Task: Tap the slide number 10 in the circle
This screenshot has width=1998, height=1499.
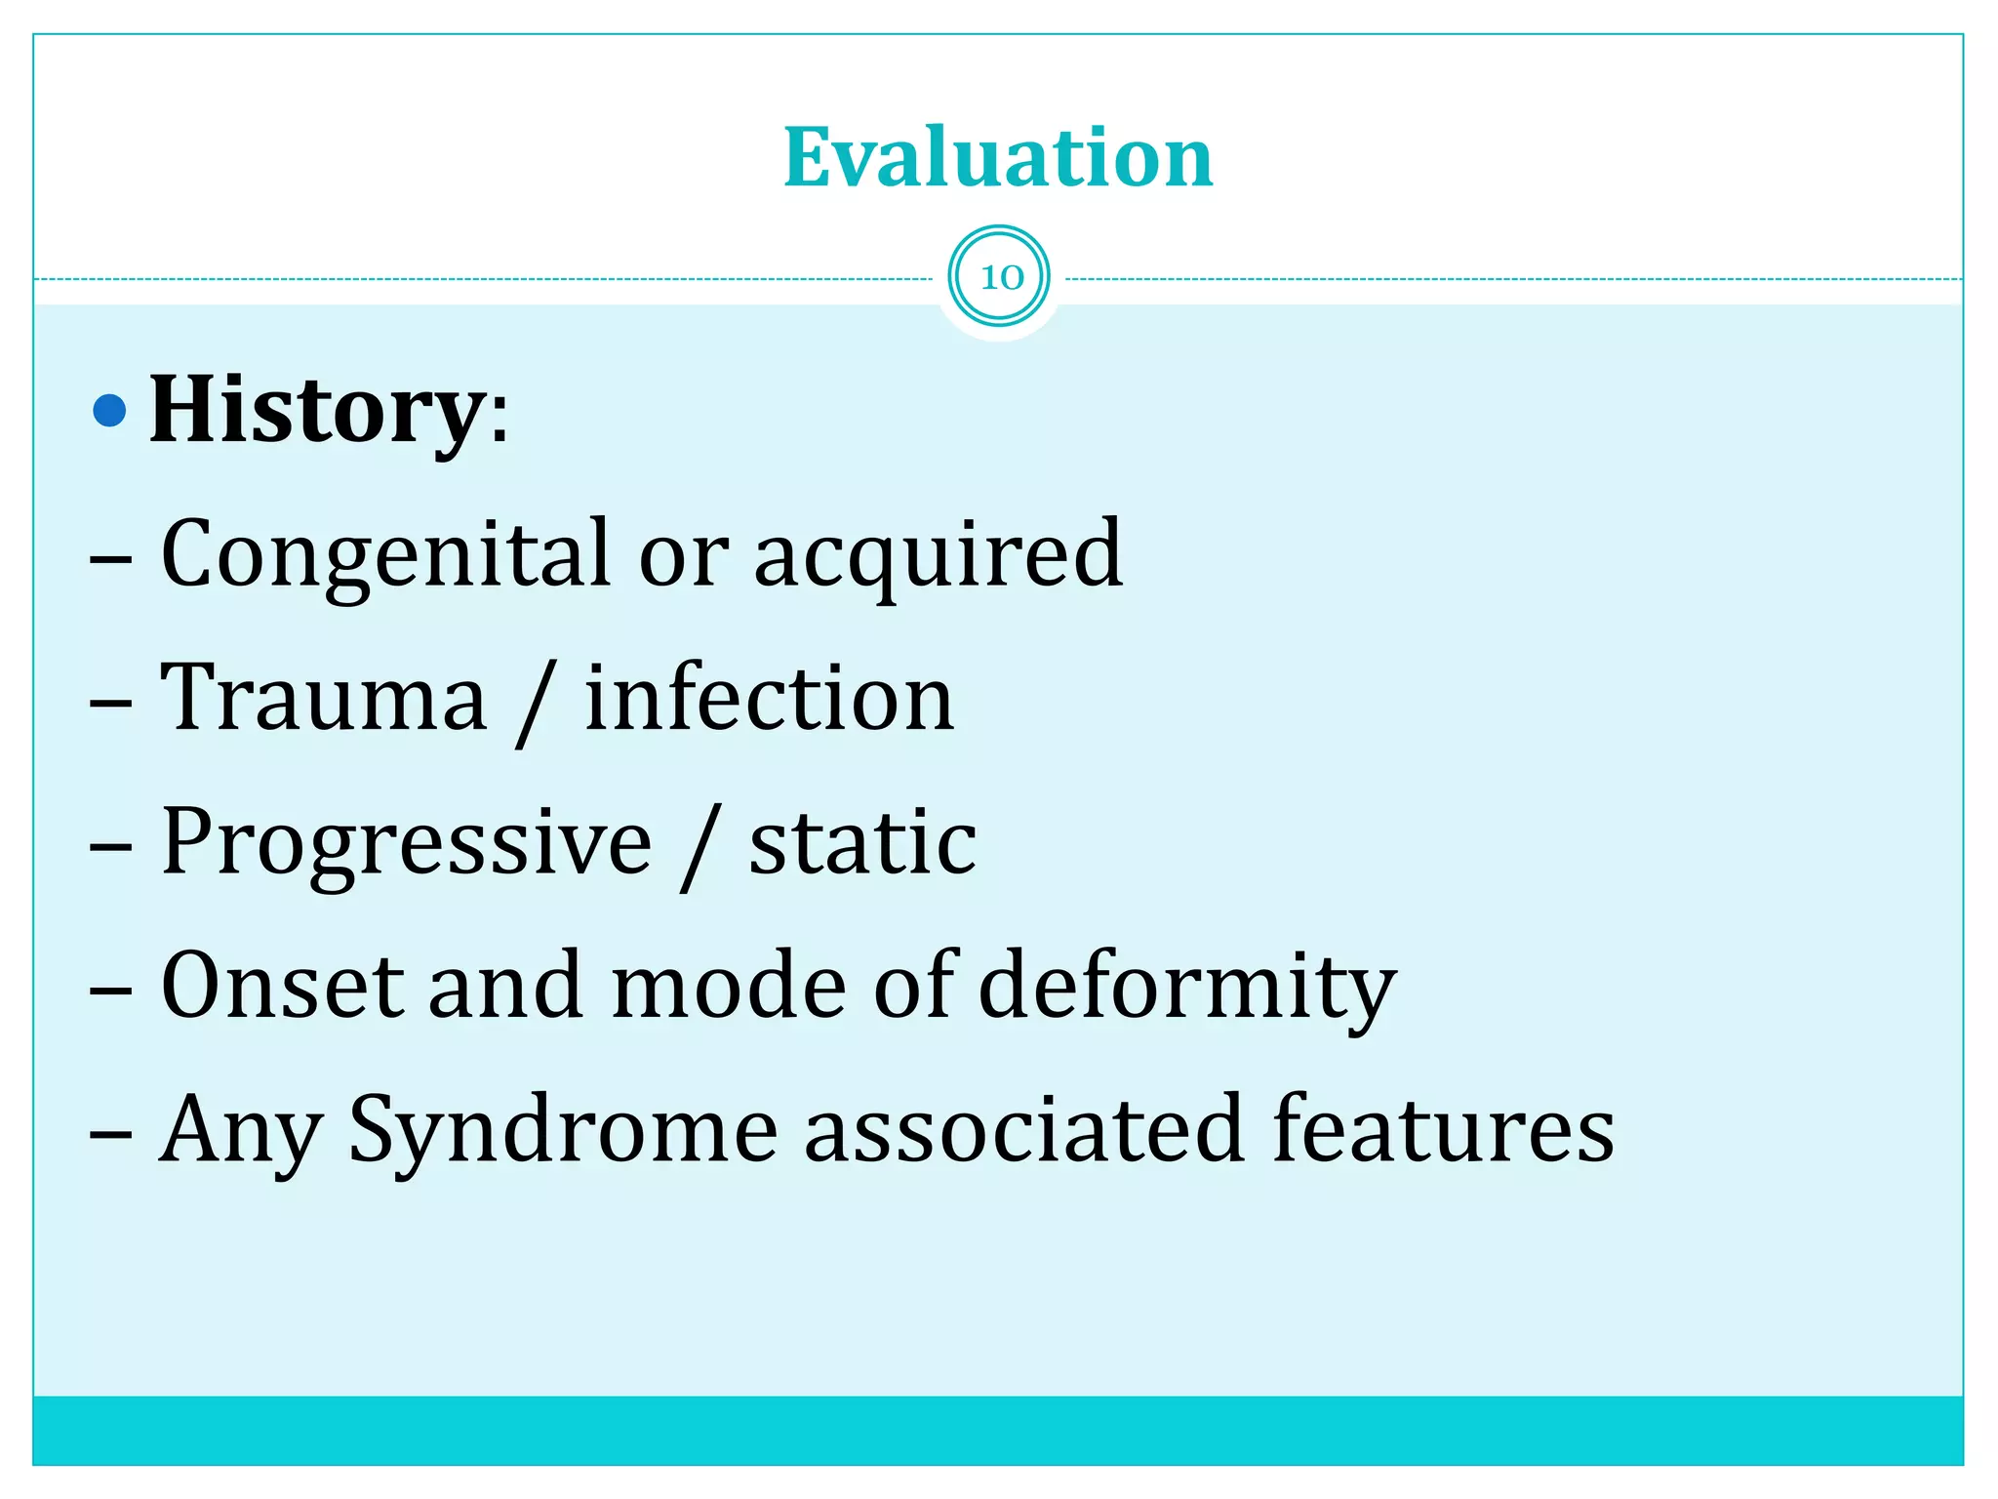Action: tap(1000, 277)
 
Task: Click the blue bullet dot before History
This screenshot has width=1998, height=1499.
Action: tap(109, 411)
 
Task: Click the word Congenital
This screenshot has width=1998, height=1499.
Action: tap(385, 554)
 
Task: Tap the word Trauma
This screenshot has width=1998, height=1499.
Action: tap(323, 697)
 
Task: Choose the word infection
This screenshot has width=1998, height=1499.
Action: tap(769, 697)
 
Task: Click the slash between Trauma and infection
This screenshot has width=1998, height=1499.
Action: tap(536, 701)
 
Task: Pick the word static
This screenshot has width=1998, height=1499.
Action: tap(862, 841)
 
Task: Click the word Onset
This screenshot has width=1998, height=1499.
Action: tap(282, 985)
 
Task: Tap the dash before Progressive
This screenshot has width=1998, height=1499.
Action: tap(110, 845)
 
